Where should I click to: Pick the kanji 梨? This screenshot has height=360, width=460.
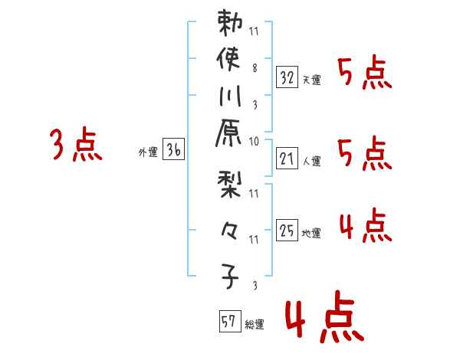230,185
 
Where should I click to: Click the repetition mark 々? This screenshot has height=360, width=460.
230,230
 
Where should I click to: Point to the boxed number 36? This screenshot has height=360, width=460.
173,150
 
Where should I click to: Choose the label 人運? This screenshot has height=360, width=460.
312,162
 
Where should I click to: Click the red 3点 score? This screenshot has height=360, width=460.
76,146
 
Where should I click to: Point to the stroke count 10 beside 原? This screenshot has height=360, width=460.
254,142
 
